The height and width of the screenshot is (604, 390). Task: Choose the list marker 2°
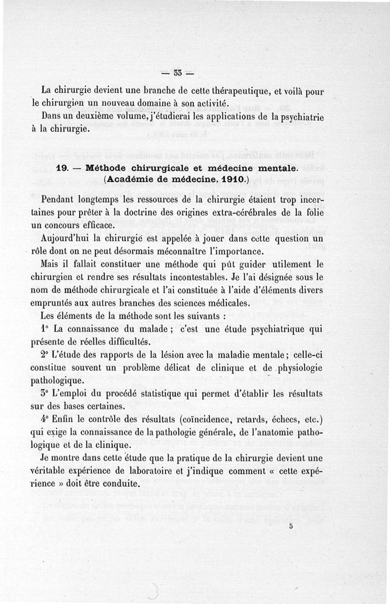tap(45, 354)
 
